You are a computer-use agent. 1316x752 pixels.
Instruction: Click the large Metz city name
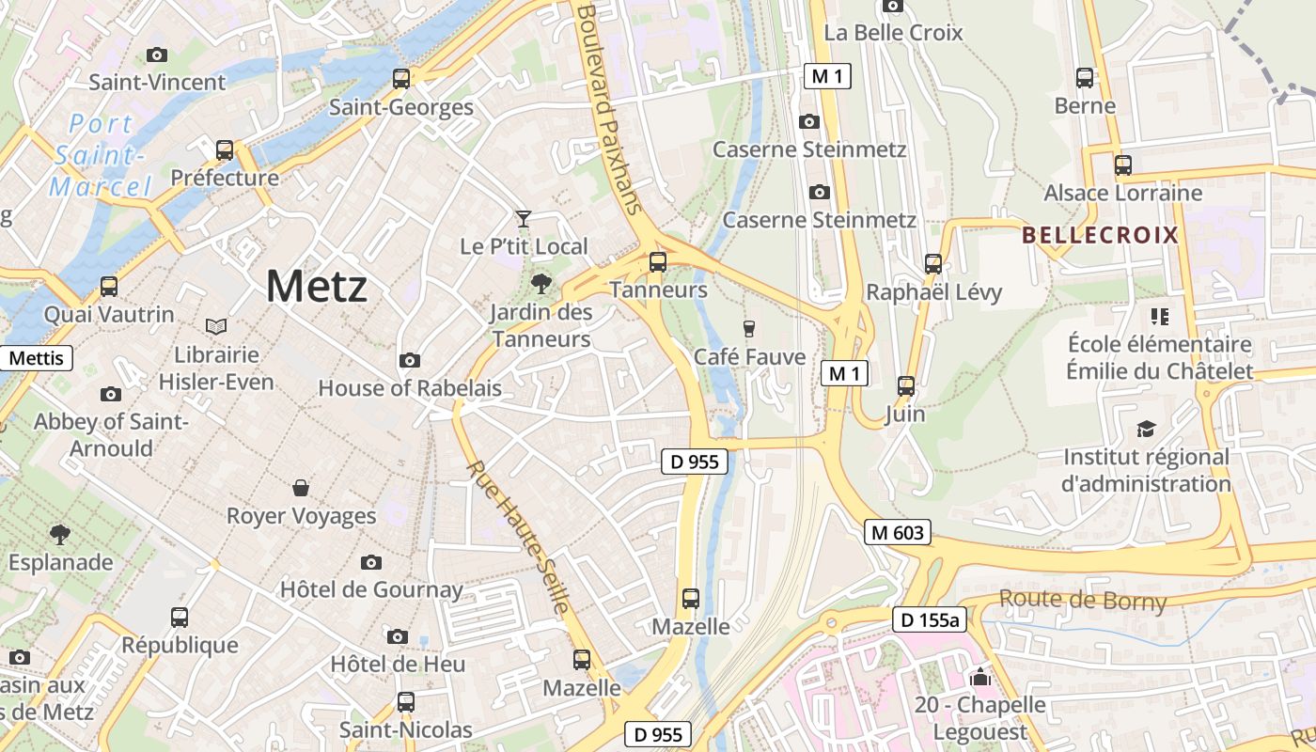coord(316,286)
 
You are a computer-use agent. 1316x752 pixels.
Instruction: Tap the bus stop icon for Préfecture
coord(225,150)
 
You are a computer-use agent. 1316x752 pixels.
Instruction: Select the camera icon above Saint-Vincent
coord(157,55)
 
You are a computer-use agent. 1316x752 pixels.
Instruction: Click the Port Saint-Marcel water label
coord(101,155)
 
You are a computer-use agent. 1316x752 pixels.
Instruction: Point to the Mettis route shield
coord(36,358)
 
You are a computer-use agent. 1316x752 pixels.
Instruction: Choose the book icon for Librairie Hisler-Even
coord(216,326)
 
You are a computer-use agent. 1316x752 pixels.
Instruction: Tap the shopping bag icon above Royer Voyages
coord(301,488)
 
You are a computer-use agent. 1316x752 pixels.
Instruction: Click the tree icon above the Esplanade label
coord(60,535)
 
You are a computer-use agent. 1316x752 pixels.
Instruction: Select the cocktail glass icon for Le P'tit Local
coord(524,219)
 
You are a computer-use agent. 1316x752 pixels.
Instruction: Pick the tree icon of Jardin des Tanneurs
coord(540,283)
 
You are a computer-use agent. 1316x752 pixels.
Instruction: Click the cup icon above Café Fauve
coord(749,328)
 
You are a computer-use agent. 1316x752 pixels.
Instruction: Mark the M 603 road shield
coord(898,533)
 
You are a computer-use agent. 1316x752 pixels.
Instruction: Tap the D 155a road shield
coord(930,619)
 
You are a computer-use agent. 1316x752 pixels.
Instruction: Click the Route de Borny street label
coord(1082,600)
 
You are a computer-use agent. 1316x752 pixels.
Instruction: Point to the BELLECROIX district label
coord(1100,235)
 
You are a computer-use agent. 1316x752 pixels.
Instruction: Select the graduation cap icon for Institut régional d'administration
coord(1146,430)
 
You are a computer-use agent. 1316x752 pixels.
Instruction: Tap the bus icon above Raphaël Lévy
coord(933,264)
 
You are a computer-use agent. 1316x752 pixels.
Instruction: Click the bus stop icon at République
coord(180,618)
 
